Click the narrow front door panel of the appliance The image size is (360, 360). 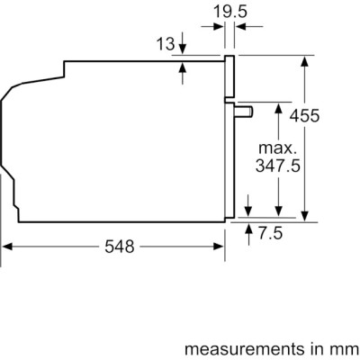point(229,135)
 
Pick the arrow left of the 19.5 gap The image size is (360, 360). point(220,28)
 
